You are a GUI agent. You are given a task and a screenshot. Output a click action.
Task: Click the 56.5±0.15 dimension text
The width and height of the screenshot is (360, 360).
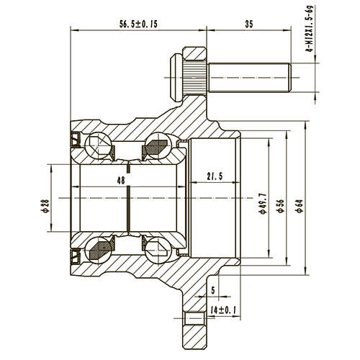138,24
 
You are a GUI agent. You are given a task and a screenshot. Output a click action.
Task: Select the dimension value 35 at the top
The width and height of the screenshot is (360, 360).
249,24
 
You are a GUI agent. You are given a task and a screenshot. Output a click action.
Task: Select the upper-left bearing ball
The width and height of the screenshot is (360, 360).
97,147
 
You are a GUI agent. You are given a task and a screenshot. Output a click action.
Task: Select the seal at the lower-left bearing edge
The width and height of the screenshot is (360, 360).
75,255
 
